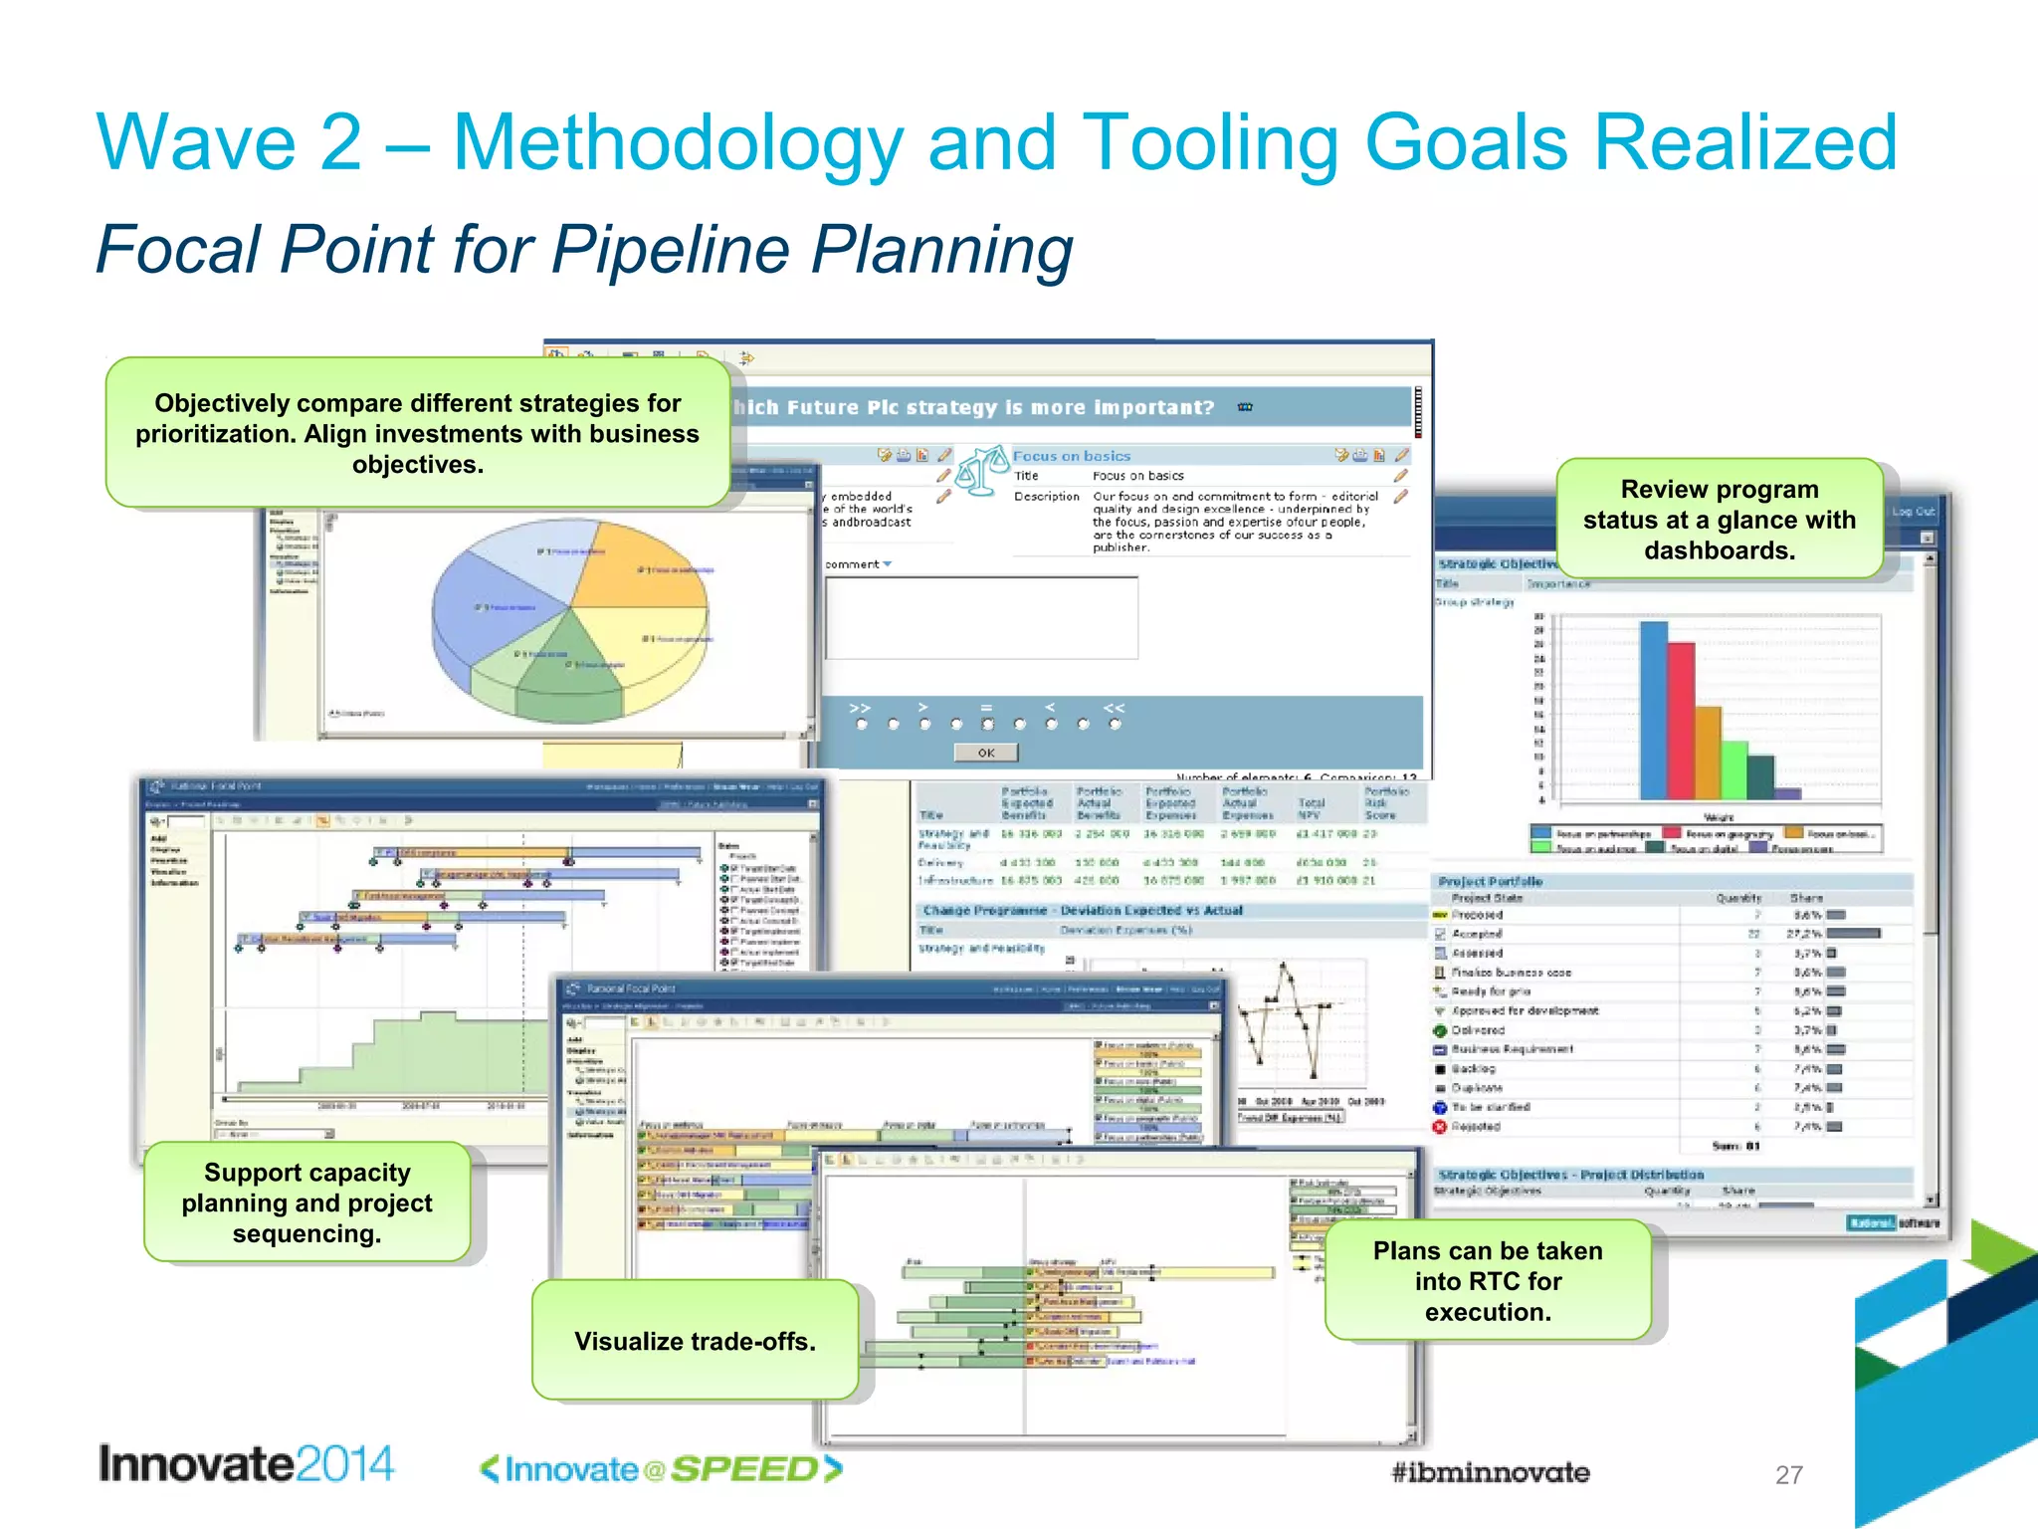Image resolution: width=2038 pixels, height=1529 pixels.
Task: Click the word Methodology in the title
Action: click(677, 142)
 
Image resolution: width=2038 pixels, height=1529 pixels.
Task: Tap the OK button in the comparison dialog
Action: click(985, 753)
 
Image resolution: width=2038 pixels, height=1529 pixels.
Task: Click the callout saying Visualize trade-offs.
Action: click(695, 1340)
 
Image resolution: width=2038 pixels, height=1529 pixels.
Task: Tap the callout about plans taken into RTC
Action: click(1488, 1280)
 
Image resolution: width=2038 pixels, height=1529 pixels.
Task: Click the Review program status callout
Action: click(1719, 520)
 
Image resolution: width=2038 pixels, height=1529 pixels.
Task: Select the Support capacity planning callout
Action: click(306, 1202)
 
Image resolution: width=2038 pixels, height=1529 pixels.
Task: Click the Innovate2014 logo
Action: click(246, 1464)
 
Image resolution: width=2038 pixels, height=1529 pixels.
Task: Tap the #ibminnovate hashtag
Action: click(1489, 1472)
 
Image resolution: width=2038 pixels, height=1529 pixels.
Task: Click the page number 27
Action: click(1788, 1474)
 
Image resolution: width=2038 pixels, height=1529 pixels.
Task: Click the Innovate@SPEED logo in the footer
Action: click(661, 1468)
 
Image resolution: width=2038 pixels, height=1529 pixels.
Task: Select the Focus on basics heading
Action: click(1071, 456)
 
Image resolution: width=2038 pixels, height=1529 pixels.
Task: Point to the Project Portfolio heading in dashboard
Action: click(1490, 881)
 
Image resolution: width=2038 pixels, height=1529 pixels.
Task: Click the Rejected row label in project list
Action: click(1476, 1127)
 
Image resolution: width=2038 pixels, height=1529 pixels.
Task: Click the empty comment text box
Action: click(981, 617)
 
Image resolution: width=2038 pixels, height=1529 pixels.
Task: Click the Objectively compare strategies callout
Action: click(418, 433)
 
